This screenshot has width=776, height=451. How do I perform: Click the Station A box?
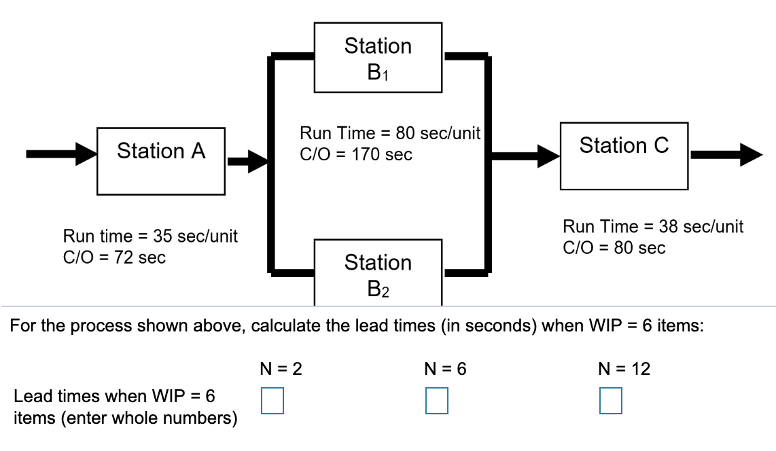[161, 160]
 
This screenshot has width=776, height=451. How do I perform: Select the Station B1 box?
[378, 56]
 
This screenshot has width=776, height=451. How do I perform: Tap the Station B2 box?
[378, 271]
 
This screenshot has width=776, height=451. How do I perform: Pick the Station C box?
[624, 156]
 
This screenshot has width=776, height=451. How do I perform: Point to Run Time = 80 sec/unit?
[391, 134]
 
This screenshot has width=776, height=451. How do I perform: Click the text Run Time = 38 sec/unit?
[653, 227]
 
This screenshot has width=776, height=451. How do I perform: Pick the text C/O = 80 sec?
[614, 248]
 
